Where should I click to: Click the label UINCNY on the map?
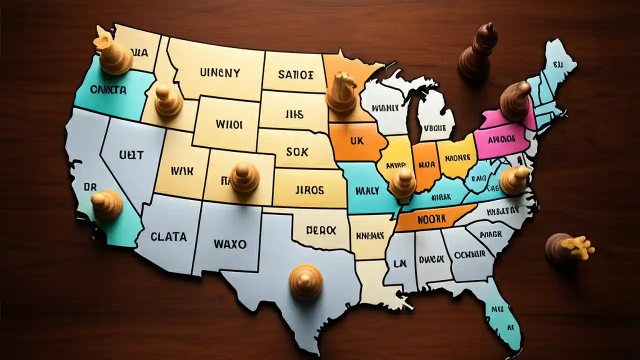click(x=219, y=73)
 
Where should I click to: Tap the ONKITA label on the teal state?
click(x=108, y=90)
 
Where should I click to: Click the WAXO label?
click(x=229, y=244)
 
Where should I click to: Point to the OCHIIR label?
click(x=469, y=254)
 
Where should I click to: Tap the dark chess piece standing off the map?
click(x=477, y=52)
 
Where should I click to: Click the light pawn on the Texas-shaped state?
click(x=306, y=281)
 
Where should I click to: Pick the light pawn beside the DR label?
click(x=106, y=203)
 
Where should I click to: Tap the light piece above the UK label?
click(x=342, y=92)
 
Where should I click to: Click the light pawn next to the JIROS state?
click(x=244, y=178)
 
